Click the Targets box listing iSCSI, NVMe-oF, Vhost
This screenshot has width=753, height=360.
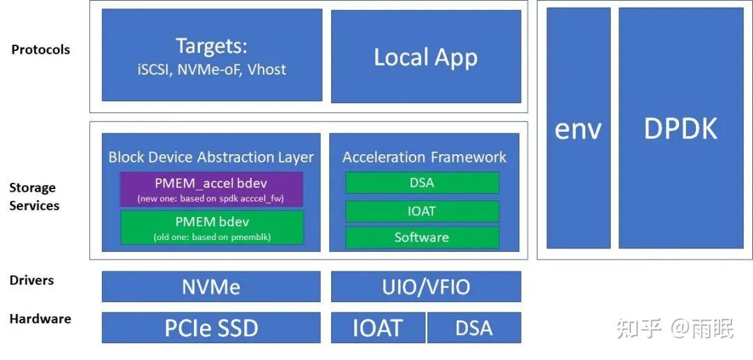(x=212, y=56)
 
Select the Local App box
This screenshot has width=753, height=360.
(x=425, y=56)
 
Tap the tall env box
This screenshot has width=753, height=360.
(x=578, y=128)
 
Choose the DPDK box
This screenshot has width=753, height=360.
(x=680, y=128)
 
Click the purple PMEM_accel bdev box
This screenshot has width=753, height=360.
(x=211, y=189)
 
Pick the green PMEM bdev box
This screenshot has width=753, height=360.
(x=211, y=227)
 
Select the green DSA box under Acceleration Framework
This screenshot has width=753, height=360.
(x=422, y=183)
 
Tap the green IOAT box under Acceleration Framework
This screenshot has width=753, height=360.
(x=422, y=211)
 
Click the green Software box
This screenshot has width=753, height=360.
(x=422, y=237)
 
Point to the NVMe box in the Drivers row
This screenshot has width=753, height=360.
(x=211, y=287)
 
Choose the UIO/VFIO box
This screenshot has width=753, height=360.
(x=425, y=287)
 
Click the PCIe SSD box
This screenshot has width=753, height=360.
(x=211, y=328)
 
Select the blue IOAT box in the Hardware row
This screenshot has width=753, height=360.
(x=377, y=328)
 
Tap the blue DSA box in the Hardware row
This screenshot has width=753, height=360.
(x=474, y=328)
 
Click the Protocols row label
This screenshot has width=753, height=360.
(x=40, y=50)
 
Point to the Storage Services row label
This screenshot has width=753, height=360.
(x=34, y=197)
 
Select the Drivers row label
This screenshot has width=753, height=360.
(x=31, y=280)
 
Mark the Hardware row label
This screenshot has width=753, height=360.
(x=40, y=319)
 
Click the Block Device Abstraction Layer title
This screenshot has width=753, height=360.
(x=211, y=157)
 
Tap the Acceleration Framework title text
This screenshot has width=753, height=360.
(x=424, y=157)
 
